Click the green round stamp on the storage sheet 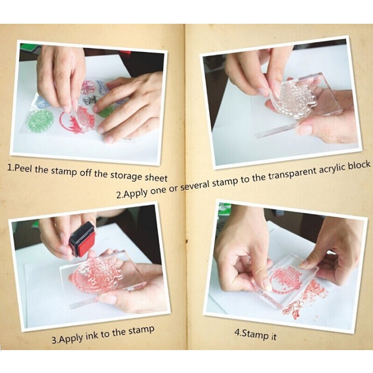(38, 121)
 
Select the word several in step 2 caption (196, 185)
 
